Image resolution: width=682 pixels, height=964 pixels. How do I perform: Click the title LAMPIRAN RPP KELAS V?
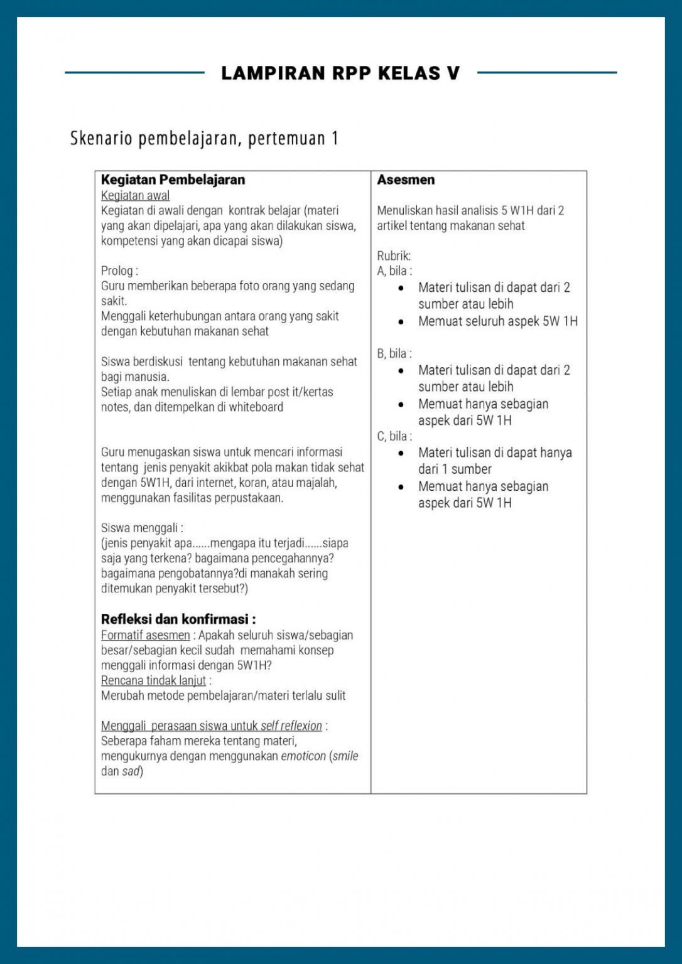[340, 73]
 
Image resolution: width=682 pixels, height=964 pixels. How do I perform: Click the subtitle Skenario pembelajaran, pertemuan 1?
[204, 138]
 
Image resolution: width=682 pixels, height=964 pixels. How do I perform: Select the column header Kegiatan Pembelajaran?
[173, 179]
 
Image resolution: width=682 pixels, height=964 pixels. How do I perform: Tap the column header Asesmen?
[406, 179]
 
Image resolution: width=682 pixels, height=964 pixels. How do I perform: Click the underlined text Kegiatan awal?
[135, 196]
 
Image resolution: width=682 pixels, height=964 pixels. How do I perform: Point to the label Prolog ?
[119, 271]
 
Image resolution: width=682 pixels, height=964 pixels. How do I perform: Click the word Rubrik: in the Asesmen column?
[394, 256]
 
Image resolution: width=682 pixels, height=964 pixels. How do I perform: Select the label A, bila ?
[394, 271]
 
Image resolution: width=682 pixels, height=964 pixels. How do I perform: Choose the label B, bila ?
[394, 354]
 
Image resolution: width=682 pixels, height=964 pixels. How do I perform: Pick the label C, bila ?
[394, 436]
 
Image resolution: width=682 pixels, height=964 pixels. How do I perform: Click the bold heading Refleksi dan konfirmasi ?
[178, 619]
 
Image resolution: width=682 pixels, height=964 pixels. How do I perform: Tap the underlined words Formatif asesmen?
[145, 635]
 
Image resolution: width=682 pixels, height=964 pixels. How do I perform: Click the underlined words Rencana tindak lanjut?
[153, 680]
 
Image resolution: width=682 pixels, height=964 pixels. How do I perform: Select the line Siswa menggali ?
[142, 528]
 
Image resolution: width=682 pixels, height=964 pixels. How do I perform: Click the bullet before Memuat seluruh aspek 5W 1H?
[401, 322]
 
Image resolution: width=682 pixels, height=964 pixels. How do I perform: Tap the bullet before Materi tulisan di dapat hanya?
[401, 453]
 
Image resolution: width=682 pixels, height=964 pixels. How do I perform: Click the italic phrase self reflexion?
[291, 726]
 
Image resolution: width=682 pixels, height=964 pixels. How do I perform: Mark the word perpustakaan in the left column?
[244, 498]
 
